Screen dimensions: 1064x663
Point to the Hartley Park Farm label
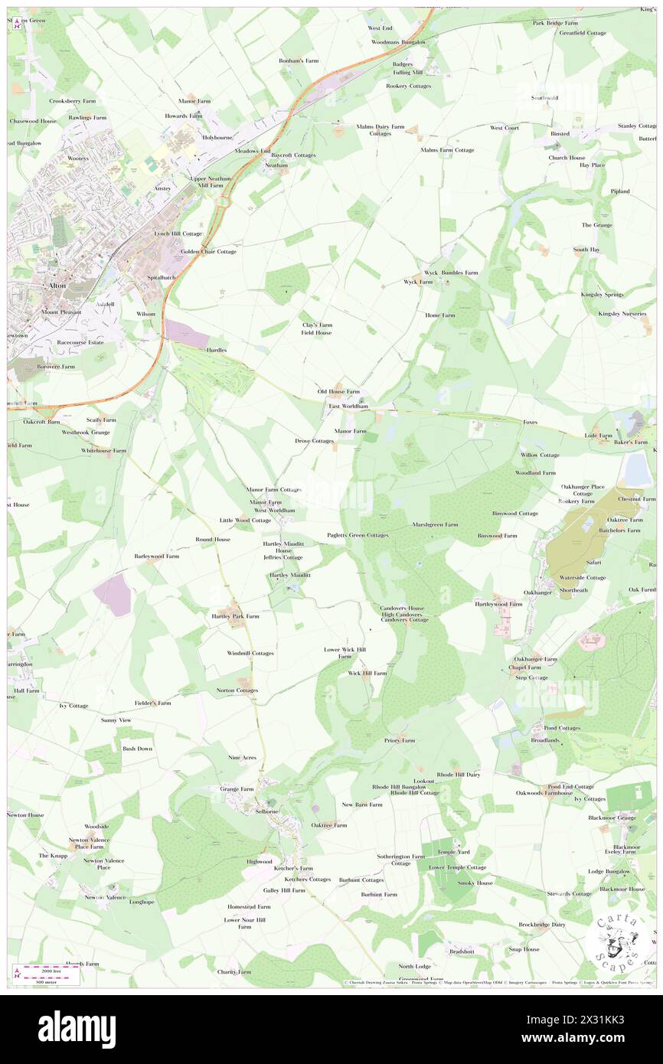coord(235,615)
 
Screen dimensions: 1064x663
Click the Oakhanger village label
coord(537,592)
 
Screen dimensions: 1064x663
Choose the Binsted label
coord(560,133)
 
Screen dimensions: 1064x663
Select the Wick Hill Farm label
coord(367,673)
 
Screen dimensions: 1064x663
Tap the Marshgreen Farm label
coord(435,524)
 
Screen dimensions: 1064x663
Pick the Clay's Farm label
coord(317,325)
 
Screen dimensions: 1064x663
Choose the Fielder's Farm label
coord(152,703)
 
